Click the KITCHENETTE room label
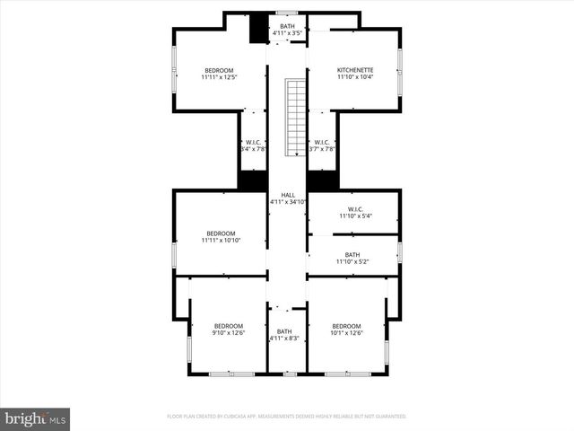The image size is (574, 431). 354,70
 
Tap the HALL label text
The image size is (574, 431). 287,195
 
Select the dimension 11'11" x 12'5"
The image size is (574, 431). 218,78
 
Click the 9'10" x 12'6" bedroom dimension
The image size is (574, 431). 228,333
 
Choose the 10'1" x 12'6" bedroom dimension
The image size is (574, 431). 346,333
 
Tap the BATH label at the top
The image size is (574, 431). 287,26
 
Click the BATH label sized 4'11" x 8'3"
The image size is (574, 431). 284,331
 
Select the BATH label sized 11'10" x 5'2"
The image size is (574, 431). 352,254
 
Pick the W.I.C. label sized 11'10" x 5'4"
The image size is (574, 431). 354,209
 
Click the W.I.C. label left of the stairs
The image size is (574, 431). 253,142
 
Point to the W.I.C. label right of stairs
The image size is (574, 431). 321,142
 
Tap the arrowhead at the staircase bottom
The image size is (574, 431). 296,154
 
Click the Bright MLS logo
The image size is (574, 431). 36,418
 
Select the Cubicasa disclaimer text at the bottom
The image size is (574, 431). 287,417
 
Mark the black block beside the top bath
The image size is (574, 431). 258,27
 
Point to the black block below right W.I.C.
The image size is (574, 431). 321,180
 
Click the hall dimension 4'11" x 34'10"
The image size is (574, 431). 288,203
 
